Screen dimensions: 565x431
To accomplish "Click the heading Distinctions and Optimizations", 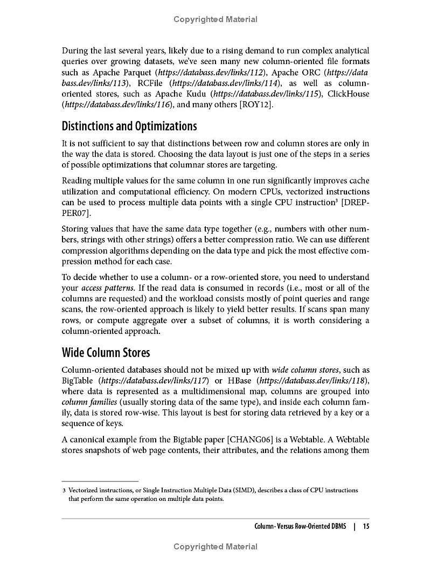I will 129,127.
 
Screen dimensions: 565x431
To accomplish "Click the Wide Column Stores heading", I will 106,353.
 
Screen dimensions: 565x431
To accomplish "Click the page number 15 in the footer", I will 366,526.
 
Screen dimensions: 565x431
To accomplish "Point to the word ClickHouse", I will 350,94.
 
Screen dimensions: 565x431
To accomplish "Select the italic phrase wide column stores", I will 305,370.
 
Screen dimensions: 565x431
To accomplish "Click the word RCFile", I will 151,83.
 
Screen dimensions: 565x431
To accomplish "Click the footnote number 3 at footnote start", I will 64,490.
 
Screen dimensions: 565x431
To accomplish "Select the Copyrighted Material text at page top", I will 215,19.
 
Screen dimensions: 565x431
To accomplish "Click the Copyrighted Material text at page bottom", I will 215,547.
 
